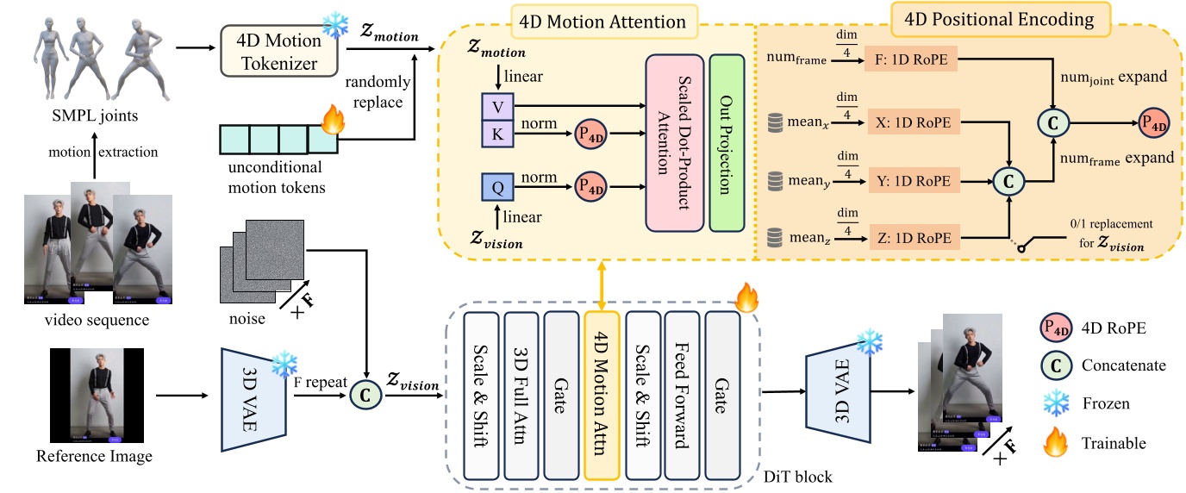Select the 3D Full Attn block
[x=521, y=395]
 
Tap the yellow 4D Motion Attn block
[x=602, y=395]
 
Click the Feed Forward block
[x=682, y=395]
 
